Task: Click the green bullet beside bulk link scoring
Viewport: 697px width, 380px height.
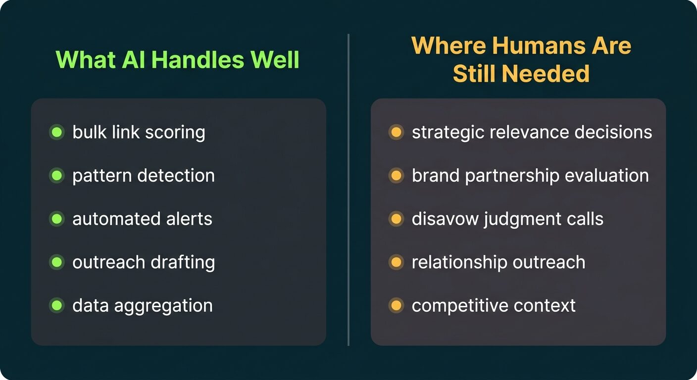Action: pyautogui.click(x=57, y=133)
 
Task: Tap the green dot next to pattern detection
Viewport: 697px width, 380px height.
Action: pyautogui.click(x=57, y=176)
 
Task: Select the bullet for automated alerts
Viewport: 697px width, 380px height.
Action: pyautogui.click(x=57, y=219)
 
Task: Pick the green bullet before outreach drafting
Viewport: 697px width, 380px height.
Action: pyautogui.click(x=57, y=262)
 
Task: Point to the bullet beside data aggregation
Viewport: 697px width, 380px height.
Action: pyautogui.click(x=57, y=305)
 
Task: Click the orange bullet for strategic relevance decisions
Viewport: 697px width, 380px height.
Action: pyautogui.click(x=396, y=133)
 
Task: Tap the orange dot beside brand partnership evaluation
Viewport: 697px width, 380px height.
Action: pyautogui.click(x=396, y=176)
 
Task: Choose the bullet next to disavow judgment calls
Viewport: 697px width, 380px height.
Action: pyautogui.click(x=396, y=219)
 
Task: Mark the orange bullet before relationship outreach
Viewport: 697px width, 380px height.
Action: pyautogui.click(x=396, y=262)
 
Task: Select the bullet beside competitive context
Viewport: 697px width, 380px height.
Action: pyautogui.click(x=396, y=305)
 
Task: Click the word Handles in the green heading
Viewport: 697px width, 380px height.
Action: pyautogui.click(x=198, y=59)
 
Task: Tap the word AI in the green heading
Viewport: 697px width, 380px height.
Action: pyautogui.click(x=134, y=59)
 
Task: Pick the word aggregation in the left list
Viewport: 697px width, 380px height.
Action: pyautogui.click(x=163, y=306)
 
